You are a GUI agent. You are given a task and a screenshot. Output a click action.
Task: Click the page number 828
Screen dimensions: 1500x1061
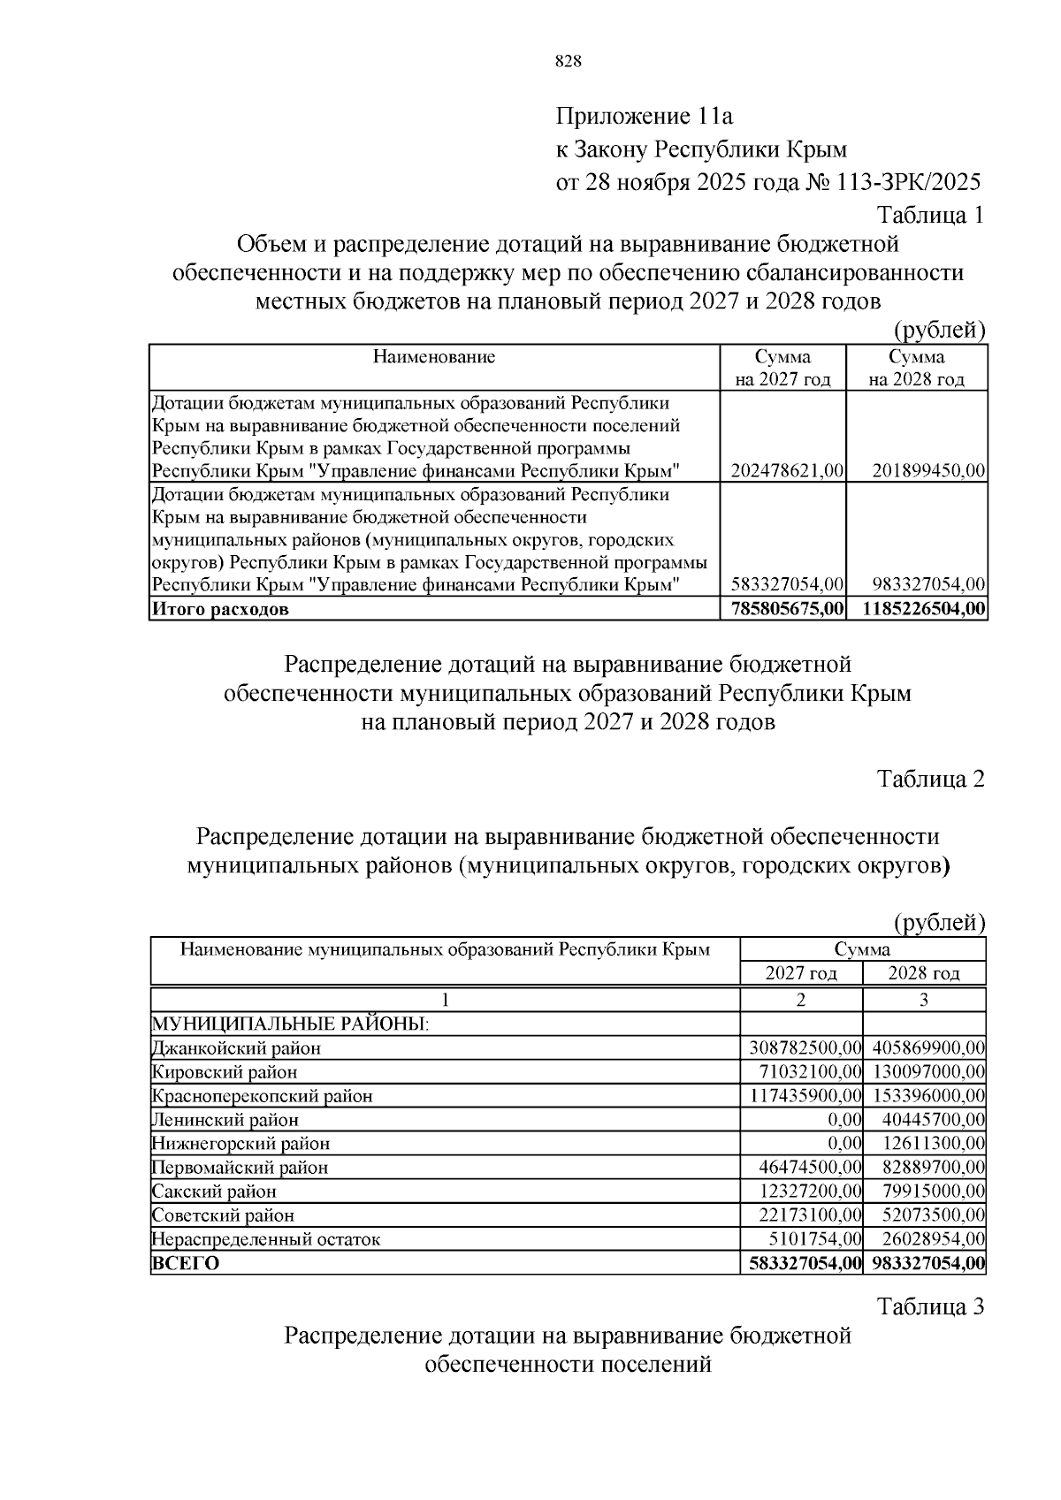click(568, 61)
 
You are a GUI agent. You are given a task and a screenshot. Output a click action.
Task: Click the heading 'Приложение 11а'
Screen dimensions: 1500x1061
click(645, 116)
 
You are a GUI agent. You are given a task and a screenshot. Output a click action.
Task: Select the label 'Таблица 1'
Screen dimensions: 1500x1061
click(930, 215)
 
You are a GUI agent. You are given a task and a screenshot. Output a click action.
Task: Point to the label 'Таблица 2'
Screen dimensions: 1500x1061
click(930, 779)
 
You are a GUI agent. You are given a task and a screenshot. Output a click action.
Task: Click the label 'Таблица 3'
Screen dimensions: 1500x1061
click(930, 1306)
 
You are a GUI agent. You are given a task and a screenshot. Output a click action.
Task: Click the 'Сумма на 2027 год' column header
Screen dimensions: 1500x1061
click(782, 368)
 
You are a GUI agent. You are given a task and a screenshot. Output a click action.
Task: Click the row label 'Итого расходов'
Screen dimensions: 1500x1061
click(220, 609)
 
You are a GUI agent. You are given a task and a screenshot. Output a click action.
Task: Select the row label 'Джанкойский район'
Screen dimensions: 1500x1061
click(236, 1048)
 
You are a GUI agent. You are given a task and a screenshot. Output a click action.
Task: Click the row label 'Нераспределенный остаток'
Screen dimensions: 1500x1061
click(266, 1239)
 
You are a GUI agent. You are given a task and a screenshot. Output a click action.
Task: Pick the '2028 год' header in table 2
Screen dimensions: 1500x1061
click(924, 974)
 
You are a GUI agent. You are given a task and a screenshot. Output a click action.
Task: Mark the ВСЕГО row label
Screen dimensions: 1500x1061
click(186, 1263)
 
